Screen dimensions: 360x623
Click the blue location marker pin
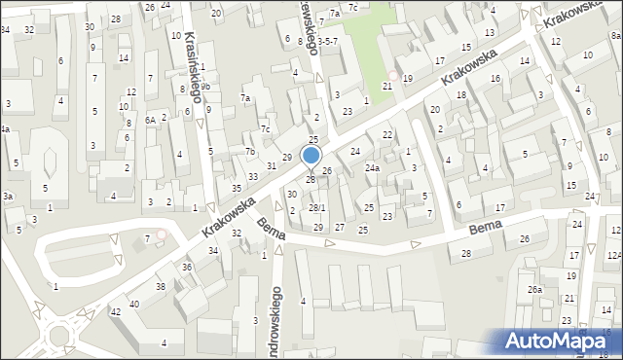coord(311,156)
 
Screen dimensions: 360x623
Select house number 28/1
coord(317,208)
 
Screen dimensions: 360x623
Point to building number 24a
coord(372,167)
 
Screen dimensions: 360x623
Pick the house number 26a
coord(534,289)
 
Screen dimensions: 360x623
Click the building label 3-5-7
coord(327,42)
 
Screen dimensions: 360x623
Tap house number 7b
coord(250,151)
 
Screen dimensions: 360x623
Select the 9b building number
coord(205,87)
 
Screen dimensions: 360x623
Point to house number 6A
coord(151,119)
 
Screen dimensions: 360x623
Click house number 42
coord(115,311)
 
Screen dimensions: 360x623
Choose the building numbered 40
coord(134,304)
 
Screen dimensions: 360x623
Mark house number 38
coord(161,286)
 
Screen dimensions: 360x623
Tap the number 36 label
coord(187,267)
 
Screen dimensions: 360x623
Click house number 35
coord(237,188)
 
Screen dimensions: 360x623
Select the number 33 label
coord(253,176)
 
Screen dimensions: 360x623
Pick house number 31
coord(272,165)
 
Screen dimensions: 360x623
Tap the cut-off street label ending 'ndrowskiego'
coord(276,317)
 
